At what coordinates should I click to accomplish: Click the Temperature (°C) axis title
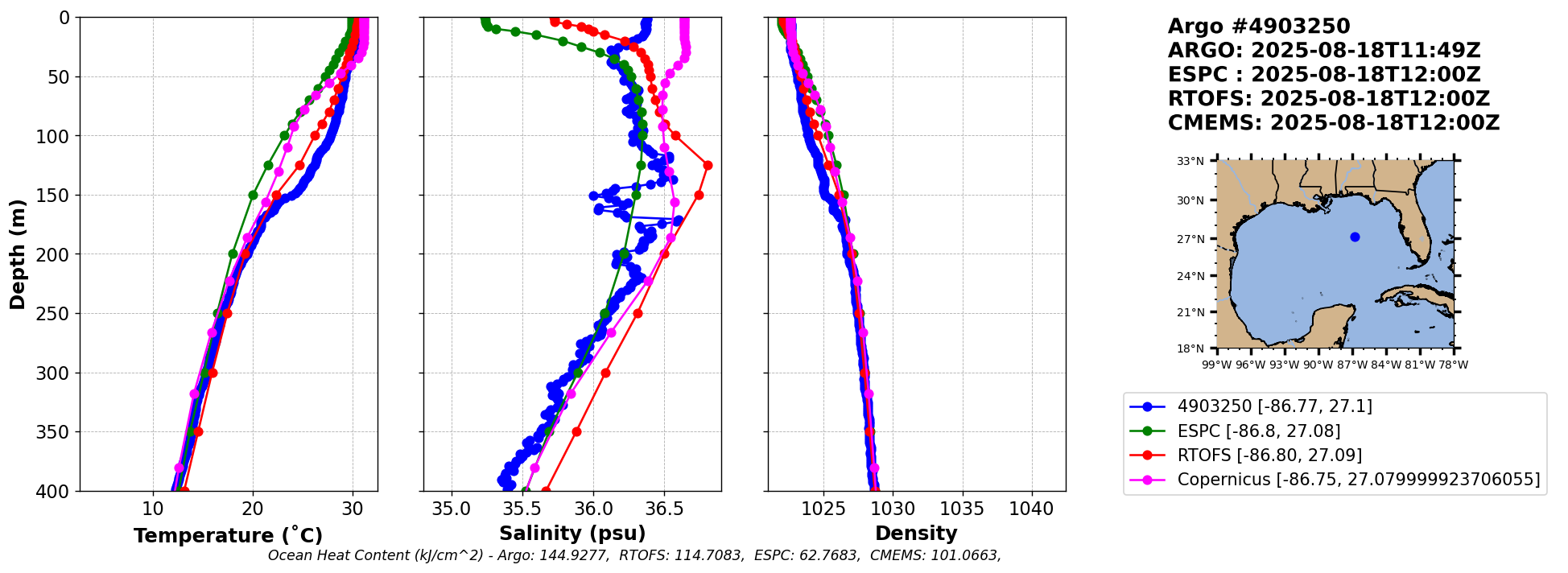tap(228, 535)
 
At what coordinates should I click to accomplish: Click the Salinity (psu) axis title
tap(572, 534)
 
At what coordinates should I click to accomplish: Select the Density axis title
tap(916, 534)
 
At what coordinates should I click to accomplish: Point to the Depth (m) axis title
tap(18, 254)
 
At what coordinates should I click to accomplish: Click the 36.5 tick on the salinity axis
tap(663, 509)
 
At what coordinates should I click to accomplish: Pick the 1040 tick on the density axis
tap(1031, 509)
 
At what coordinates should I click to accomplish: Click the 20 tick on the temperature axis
tap(253, 509)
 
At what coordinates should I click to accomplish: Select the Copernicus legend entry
tap(1358, 480)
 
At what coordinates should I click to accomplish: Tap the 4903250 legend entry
tap(1274, 406)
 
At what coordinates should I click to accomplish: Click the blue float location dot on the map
tap(1355, 237)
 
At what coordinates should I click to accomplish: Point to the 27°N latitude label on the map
tap(1190, 239)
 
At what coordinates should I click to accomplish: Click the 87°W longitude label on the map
tap(1352, 365)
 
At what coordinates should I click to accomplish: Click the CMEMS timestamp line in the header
tap(1334, 123)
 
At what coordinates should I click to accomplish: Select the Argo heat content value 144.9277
tap(576, 555)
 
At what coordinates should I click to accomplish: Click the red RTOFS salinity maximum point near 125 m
tap(708, 165)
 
